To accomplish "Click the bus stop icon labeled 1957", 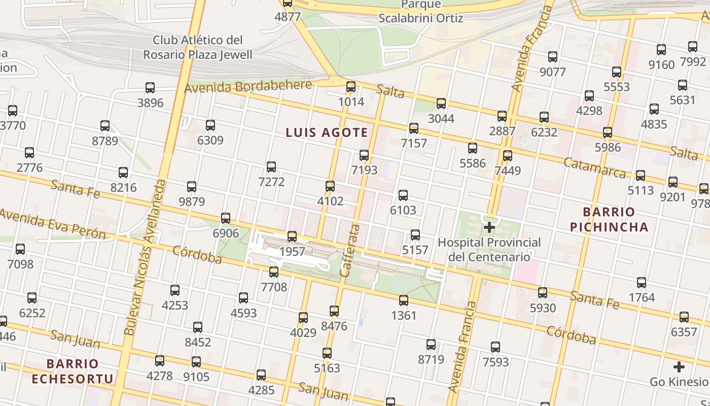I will point(292,236).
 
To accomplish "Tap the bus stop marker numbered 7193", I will point(364,155).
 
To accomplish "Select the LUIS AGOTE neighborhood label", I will point(327,133).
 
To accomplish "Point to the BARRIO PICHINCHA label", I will point(609,219).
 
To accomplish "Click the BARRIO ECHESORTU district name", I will point(72,371).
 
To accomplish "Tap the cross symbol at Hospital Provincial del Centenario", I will point(489,227).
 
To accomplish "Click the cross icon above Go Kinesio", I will point(679,367).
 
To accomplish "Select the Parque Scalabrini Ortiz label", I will point(421,12).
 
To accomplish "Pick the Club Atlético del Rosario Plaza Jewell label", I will point(197,47).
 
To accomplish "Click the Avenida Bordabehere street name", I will point(247,86).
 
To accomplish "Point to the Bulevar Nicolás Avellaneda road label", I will point(146,257).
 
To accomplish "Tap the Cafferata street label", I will point(349,250).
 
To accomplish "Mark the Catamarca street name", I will point(594,168).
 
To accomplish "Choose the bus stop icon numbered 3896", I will point(150,88).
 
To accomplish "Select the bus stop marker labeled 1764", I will point(642,283).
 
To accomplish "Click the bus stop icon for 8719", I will point(431,345).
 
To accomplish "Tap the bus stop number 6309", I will point(210,125).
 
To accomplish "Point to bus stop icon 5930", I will point(543,293).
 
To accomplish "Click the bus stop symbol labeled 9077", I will point(553,57).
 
